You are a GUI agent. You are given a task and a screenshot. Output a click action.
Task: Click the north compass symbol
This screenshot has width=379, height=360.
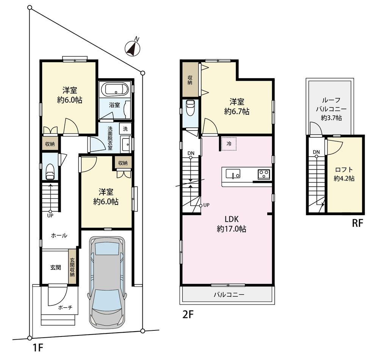click(x=133, y=47)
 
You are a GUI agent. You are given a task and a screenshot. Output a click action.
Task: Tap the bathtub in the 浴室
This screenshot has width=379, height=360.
click(x=115, y=90)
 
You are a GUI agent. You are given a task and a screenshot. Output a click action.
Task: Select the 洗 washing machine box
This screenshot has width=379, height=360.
click(x=125, y=129)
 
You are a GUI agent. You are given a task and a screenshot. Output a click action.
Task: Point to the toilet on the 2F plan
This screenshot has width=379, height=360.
click(x=190, y=108)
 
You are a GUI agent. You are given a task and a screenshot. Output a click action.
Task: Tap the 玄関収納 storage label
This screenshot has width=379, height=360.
click(x=72, y=267)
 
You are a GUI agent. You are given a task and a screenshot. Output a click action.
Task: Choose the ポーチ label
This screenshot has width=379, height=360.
click(x=65, y=308)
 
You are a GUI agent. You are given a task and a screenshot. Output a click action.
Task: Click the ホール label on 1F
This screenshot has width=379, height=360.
click(x=59, y=236)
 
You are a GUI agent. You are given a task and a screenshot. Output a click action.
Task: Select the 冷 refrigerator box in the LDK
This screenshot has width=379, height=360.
click(x=229, y=143)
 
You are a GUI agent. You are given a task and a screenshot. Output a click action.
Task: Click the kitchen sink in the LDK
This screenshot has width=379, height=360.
click(x=233, y=174)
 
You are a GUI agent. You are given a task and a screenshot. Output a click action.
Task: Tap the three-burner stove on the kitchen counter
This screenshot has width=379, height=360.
click(x=264, y=174)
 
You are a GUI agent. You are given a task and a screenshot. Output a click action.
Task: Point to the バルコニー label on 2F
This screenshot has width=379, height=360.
click(x=229, y=295)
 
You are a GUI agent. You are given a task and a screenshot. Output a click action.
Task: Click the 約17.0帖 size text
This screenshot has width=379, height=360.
click(x=232, y=229)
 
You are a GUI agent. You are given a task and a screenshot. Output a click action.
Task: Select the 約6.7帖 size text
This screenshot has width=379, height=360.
click(x=236, y=112)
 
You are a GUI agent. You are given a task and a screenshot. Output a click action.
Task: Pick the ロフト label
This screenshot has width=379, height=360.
click(x=344, y=170)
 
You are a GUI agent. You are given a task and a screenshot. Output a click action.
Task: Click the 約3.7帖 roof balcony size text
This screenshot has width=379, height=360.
click(x=331, y=118)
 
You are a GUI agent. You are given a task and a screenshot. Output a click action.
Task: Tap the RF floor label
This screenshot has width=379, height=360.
click(x=357, y=223)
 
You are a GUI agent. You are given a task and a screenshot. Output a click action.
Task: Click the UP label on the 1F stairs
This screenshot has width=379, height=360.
click(x=50, y=215)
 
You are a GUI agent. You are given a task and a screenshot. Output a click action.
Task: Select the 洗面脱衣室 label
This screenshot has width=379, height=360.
click(x=110, y=138)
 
